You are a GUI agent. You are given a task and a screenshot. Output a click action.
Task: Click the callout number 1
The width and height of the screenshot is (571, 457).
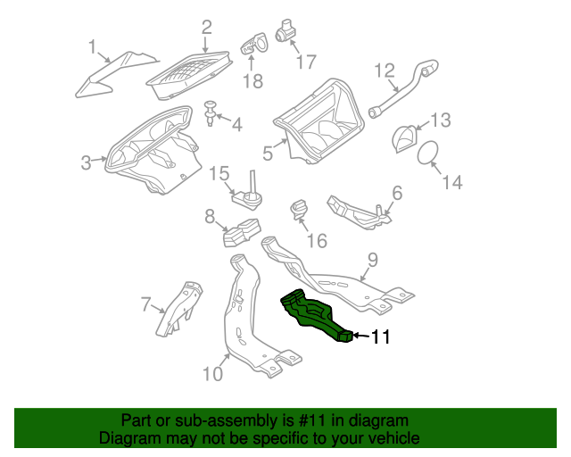[x=91, y=46]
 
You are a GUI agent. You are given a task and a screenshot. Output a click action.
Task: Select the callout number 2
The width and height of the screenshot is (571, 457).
[x=206, y=28]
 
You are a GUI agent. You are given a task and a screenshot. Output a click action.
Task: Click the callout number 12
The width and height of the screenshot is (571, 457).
[x=385, y=70]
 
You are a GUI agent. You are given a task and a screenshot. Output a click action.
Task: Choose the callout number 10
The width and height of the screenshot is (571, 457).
[x=211, y=373]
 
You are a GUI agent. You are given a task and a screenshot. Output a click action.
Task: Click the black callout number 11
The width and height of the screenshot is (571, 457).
[x=380, y=337]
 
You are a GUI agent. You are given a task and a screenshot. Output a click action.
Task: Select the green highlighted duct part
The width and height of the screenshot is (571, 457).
[x=314, y=315]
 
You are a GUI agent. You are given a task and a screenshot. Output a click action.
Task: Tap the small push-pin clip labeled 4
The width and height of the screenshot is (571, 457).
[x=211, y=113]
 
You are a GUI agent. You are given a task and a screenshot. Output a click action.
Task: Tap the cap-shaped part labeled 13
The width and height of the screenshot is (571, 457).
[x=406, y=138]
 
